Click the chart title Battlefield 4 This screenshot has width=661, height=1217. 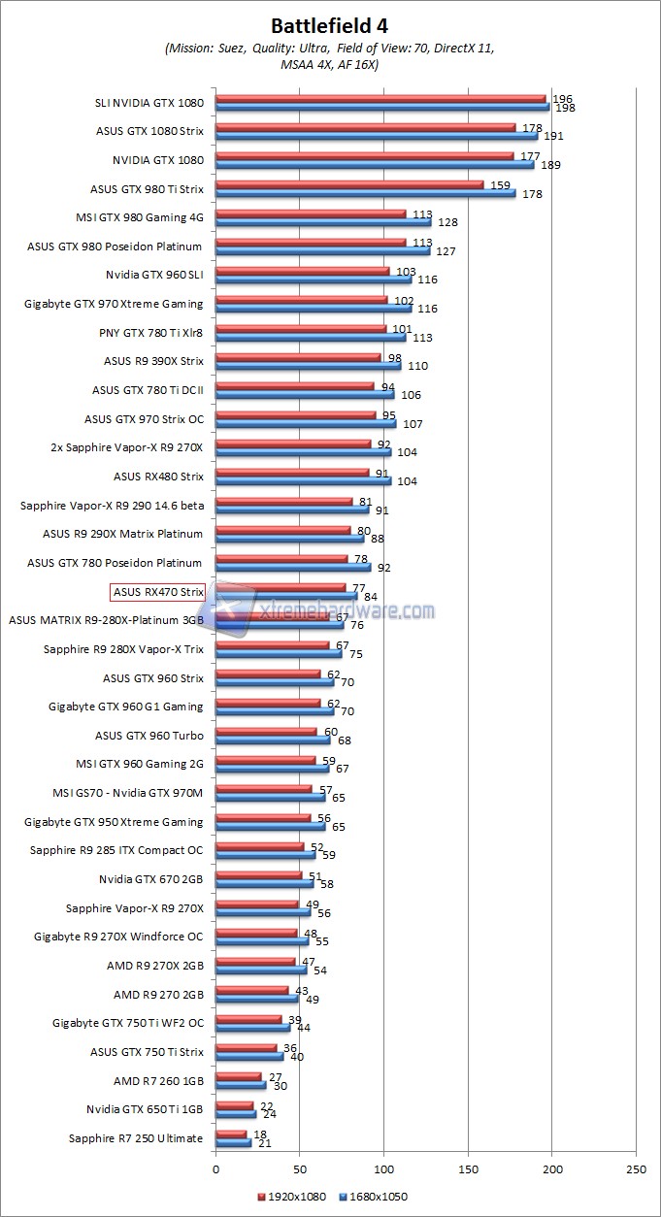(329, 25)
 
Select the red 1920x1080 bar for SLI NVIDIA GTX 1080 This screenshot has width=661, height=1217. (380, 98)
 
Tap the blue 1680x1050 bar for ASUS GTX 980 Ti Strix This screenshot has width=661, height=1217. (365, 192)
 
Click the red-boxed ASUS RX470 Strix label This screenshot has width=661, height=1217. (158, 591)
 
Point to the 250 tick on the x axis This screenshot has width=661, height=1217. (637, 1171)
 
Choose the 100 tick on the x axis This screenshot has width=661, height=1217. (384, 1171)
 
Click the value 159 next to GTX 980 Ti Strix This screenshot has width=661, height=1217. (503, 184)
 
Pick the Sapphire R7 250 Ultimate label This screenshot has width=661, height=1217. (136, 1138)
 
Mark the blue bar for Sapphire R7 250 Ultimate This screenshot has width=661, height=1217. (233, 1142)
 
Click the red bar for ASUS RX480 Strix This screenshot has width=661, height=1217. (292, 473)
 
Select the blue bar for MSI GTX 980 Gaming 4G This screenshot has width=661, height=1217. (323, 221)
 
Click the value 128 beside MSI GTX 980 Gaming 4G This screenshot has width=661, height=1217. (446, 222)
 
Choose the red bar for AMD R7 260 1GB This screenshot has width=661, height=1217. (239, 1076)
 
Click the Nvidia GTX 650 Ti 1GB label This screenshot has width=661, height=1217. (145, 1109)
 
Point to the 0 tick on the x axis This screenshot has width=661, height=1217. (215, 1171)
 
